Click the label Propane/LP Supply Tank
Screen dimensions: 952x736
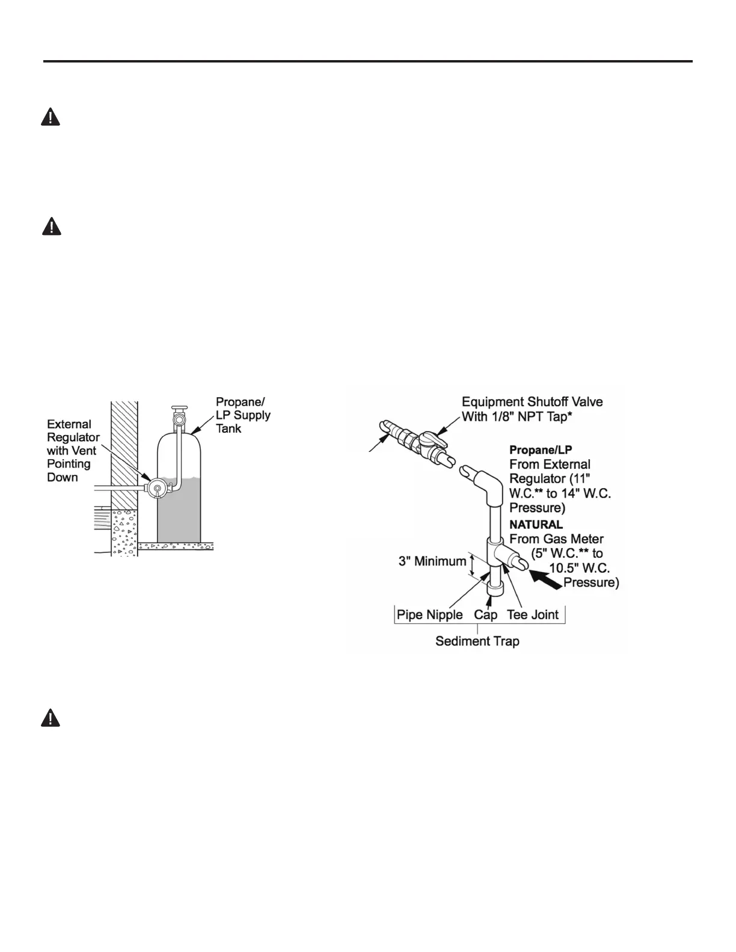[x=243, y=415]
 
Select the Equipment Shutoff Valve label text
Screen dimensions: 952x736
[x=532, y=409]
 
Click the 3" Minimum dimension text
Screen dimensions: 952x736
[x=432, y=561]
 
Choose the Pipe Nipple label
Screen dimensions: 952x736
[x=430, y=615]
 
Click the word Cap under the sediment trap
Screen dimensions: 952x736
[x=485, y=615]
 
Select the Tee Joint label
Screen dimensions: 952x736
[x=533, y=615]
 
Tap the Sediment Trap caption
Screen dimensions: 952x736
[x=477, y=641]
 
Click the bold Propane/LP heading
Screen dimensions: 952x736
[x=541, y=450]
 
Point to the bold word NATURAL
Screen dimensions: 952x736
[x=536, y=525]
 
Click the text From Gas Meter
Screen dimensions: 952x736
[x=556, y=539]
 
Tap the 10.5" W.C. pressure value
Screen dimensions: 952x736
[x=580, y=568]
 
